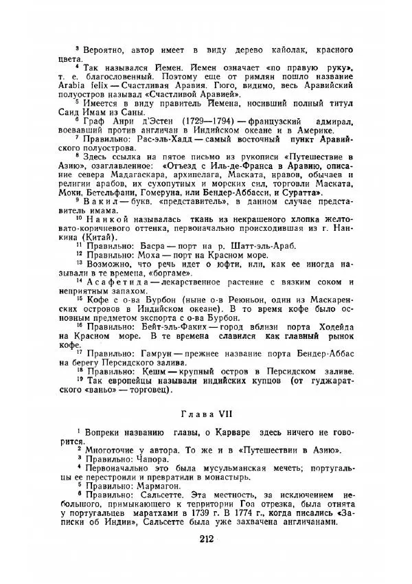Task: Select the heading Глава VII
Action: pyautogui.click(x=205, y=414)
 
